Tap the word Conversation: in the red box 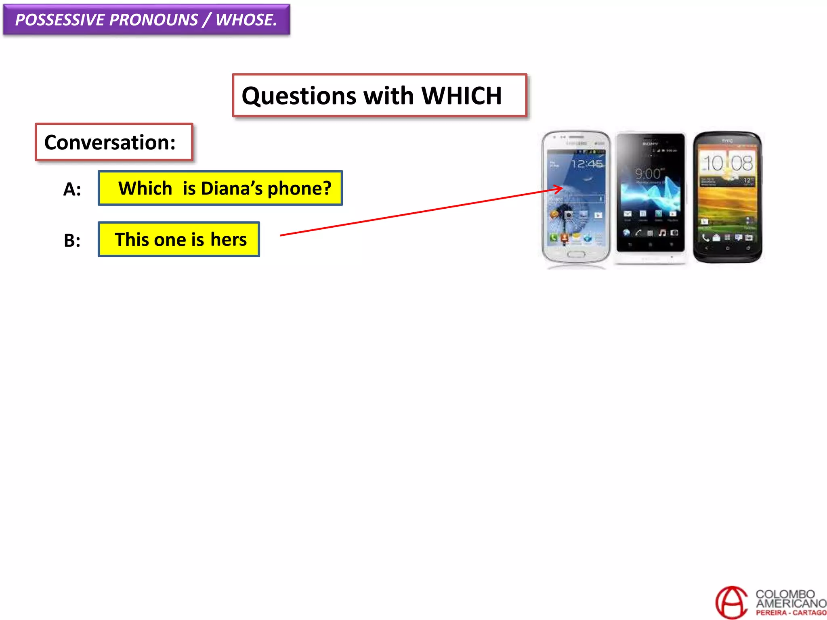click(110, 142)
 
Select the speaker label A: click(72, 189)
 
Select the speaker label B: click(72, 241)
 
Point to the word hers click(228, 240)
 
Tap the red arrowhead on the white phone click(559, 189)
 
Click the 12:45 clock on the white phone click(587, 164)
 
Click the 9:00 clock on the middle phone click(648, 174)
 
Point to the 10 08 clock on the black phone click(728, 163)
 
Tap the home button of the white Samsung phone click(576, 254)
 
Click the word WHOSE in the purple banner click(246, 20)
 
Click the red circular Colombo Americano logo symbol click(731, 602)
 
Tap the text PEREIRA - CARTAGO click(791, 613)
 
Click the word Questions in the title click(299, 96)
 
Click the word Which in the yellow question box click(145, 189)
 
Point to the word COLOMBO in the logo click(785, 594)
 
